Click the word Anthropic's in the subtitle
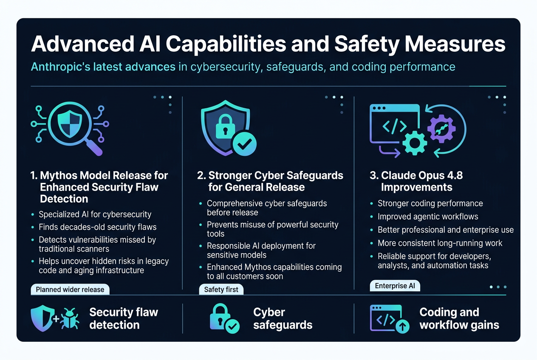61,67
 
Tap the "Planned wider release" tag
70,290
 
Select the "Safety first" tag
221,290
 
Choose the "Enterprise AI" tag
395,286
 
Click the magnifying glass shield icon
70,128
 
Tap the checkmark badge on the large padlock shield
245,144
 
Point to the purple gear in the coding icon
441,129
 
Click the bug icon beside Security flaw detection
70,318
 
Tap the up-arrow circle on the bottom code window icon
402,326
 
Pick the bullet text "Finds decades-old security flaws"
98,227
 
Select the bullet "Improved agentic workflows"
428,217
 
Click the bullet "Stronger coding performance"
430,204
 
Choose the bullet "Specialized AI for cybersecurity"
95,215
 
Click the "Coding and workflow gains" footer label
459,318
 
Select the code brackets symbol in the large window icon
394,127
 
